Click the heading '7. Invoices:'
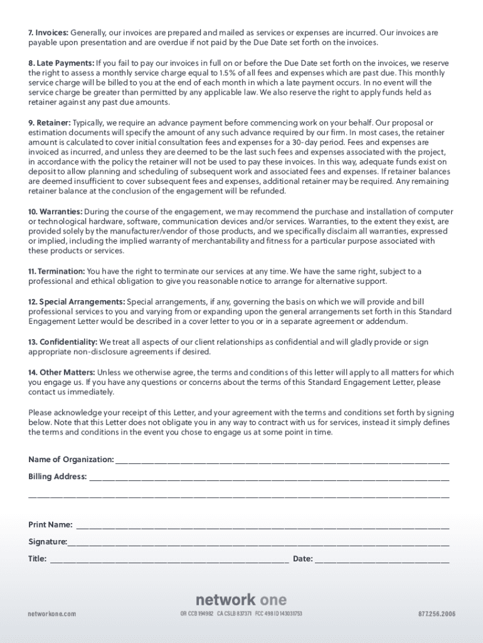tap(48, 33)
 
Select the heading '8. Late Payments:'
tap(61, 63)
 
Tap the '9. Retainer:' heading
tap(50, 122)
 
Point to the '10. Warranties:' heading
tap(55, 212)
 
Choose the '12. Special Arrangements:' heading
tap(77, 301)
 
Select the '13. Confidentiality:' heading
tap(63, 342)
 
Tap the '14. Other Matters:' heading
tap(61, 372)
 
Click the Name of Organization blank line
tap(282, 461)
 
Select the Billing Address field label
tap(57, 477)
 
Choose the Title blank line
tap(169, 559)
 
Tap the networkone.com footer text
tap(52, 613)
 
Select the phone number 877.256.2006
tap(437, 613)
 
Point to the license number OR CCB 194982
tap(196, 613)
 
